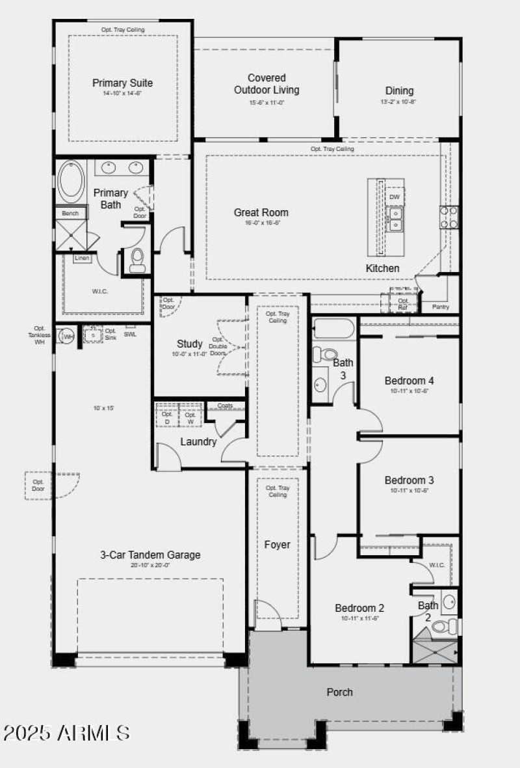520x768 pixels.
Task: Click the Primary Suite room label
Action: pyautogui.click(x=122, y=83)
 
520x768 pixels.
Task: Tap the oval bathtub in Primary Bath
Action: pyautogui.click(x=71, y=182)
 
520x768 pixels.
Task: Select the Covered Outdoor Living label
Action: pyautogui.click(x=266, y=84)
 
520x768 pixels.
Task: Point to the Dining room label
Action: pyautogui.click(x=398, y=90)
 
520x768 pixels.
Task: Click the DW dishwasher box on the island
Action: pyautogui.click(x=394, y=197)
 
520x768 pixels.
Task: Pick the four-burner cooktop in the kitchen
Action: pyautogui.click(x=448, y=217)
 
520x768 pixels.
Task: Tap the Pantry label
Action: pyautogui.click(x=440, y=307)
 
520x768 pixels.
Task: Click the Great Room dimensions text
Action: pyautogui.click(x=261, y=223)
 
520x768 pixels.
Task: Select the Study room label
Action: pyautogui.click(x=190, y=344)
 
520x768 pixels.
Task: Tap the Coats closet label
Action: pyautogui.click(x=225, y=405)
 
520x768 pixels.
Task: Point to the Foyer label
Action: pyautogui.click(x=277, y=545)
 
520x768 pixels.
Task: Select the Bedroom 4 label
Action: pyautogui.click(x=409, y=381)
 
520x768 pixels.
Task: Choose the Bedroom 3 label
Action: pyautogui.click(x=409, y=480)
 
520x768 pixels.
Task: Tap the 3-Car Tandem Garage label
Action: pyautogui.click(x=150, y=555)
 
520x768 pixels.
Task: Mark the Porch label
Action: pyautogui.click(x=339, y=692)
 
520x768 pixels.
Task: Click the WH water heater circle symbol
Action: pyautogui.click(x=66, y=336)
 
